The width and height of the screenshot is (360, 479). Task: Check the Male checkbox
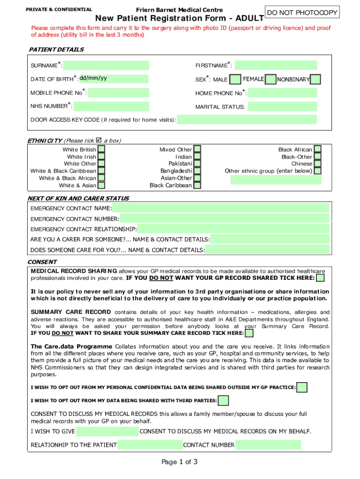tap(236, 80)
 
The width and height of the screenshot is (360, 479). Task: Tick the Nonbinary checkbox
tap(316, 80)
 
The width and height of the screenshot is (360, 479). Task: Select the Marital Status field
tap(282, 107)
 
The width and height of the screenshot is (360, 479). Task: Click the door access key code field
tap(247, 120)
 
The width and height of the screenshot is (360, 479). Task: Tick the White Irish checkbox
tap(101, 157)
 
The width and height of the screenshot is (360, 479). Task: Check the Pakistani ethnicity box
tap(197, 164)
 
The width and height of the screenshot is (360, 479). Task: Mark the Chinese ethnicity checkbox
tap(317, 164)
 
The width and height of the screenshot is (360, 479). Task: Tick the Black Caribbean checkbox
tap(197, 185)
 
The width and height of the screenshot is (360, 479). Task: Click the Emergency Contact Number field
tap(224, 218)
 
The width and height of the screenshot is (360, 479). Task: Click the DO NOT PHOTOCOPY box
tap(302, 12)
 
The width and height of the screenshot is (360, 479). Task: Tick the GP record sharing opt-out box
tap(321, 278)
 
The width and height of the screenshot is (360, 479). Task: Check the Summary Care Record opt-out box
tap(249, 333)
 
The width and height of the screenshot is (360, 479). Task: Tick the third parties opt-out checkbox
tap(223, 400)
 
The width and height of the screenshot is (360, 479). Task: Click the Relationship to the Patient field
tap(150, 445)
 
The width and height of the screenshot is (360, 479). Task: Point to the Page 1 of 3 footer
tap(180, 462)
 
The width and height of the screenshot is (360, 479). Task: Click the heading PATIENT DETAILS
tap(56, 50)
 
